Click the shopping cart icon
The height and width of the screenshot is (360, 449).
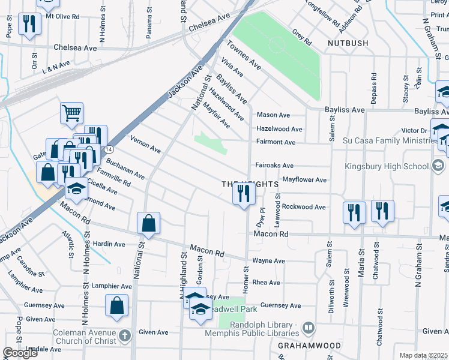click(71, 112)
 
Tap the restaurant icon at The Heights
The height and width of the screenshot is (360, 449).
click(244, 193)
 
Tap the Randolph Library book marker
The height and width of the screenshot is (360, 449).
click(309, 328)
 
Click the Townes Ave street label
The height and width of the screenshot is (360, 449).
click(244, 55)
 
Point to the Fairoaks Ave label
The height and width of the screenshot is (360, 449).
click(274, 166)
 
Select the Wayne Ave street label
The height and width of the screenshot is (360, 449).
click(268, 261)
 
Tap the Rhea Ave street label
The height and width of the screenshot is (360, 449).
click(266, 283)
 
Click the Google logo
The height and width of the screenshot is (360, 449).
click(20, 352)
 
